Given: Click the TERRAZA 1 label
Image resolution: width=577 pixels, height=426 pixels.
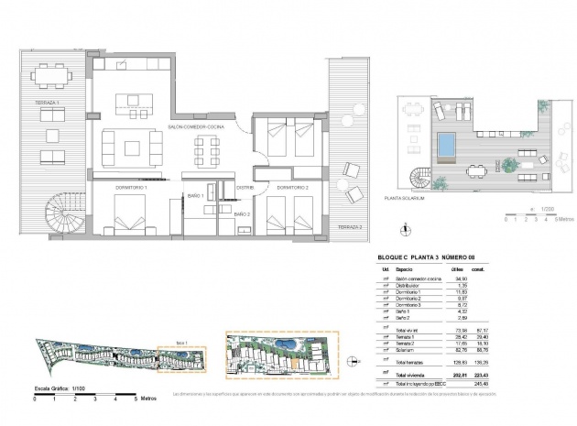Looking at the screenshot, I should pos(47,102).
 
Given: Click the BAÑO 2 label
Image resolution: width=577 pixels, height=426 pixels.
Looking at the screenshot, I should pos(242,213).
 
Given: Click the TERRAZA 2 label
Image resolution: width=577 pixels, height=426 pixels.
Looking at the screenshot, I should pos(348,226).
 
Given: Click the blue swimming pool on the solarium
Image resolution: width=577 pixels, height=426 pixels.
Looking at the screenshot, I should pos(445,144).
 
